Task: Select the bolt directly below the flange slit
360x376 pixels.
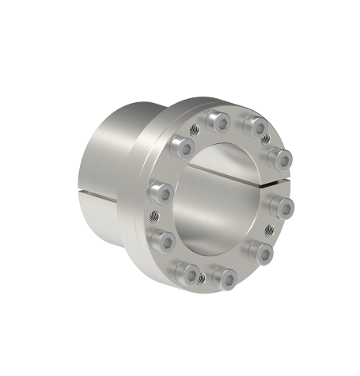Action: pos(280,207)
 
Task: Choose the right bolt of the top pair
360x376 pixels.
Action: pos(253,125)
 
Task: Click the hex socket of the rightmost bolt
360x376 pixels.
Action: pos(282,208)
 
